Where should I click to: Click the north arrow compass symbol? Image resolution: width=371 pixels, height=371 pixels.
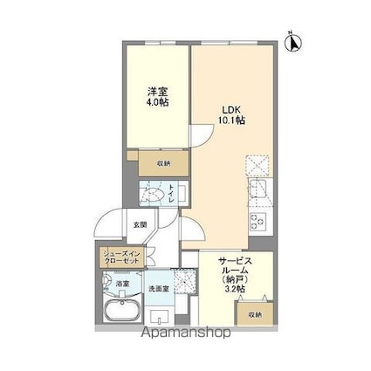tap(294, 39)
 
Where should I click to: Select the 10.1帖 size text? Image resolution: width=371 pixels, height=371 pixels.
tap(230, 120)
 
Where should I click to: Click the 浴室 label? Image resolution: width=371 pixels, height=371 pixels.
tap(123, 283)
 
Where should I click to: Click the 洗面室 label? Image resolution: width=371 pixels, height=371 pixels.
tap(158, 288)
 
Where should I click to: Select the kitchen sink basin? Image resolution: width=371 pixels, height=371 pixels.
tap(258, 191)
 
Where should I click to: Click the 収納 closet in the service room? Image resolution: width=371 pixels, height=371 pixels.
tap(255, 314)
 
